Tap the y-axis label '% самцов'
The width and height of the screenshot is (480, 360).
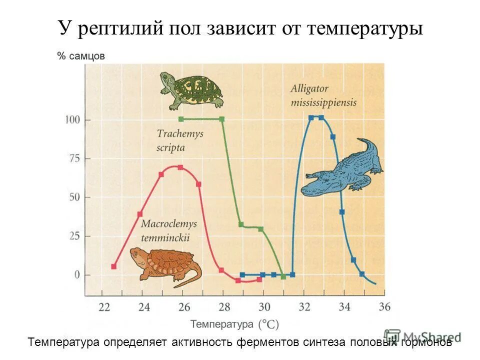81,56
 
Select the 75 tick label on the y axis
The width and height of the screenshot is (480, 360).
74,159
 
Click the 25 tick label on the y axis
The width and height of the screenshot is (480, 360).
74,236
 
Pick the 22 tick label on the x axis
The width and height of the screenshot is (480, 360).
104,307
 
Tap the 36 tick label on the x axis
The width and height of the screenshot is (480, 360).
384,307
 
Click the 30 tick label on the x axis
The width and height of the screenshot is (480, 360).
264,307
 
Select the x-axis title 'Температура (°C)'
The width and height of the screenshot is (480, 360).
234,324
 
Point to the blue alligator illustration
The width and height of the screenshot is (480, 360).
342,168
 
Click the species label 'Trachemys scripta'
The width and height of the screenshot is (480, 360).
171,140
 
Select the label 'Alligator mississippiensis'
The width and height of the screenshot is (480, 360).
323,95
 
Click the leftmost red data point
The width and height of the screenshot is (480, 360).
113,266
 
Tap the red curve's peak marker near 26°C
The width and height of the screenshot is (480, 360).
180,167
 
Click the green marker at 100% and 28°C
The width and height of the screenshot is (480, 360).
221,119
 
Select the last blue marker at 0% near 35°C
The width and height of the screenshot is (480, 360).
362,274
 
